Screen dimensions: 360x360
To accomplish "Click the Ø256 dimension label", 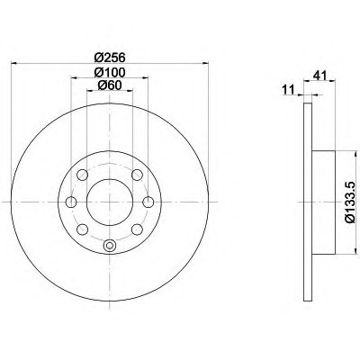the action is [109, 57].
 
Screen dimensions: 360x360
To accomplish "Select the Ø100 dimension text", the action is [109, 72].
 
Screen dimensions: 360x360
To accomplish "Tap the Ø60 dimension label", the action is [110, 85].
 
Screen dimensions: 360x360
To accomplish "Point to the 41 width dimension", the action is [319, 76].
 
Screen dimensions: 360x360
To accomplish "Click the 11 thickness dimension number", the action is [289, 89].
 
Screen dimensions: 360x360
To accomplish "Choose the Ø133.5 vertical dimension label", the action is [350, 203].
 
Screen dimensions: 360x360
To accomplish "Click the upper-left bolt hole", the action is [82, 175].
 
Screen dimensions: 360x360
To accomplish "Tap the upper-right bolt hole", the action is [137, 175].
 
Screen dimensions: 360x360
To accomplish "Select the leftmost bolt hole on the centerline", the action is [71, 202].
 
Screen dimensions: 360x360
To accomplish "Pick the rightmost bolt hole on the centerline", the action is [148, 202].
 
